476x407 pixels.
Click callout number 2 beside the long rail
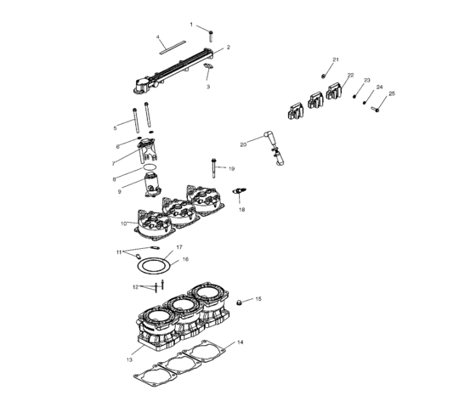coord(228,48)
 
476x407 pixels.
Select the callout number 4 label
coord(158,37)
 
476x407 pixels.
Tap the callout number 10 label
coord(124,223)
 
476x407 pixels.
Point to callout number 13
coord(130,360)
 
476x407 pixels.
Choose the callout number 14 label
coord(240,342)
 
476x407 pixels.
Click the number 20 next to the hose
coord(243,144)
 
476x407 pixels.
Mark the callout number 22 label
coord(349,76)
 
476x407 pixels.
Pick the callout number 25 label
coord(392,93)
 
